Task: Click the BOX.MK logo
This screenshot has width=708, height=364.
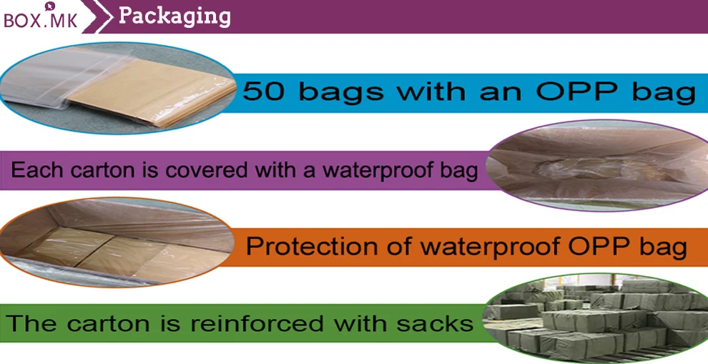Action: point(40,16)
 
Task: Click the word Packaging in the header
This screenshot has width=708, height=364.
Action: point(174,16)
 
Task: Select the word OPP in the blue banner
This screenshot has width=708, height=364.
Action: point(578,92)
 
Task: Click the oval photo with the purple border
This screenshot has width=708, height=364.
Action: point(599,166)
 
